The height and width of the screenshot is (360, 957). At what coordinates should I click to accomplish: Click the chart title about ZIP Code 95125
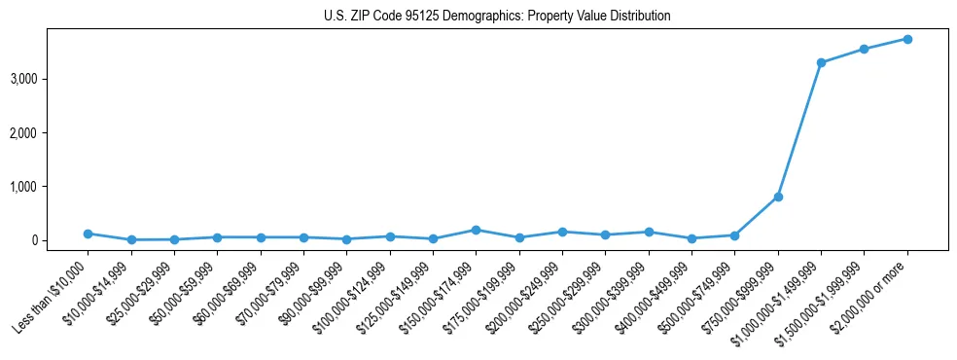tap(497, 17)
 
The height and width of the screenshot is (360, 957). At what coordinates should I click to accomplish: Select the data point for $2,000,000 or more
tap(907, 39)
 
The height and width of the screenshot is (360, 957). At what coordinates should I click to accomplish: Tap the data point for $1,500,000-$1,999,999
tap(864, 49)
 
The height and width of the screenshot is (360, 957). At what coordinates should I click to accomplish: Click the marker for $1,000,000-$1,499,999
tap(821, 62)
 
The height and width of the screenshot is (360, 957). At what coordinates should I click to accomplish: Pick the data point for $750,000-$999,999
tap(778, 198)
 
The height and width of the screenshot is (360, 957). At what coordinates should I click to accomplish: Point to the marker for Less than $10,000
tap(88, 234)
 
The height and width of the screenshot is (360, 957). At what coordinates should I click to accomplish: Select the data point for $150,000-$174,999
tap(476, 230)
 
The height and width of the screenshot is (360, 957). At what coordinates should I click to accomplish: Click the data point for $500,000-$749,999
tap(734, 235)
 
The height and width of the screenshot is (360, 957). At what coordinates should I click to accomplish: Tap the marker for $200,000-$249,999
tap(562, 232)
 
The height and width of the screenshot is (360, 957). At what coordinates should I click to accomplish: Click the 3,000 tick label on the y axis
tap(51, 79)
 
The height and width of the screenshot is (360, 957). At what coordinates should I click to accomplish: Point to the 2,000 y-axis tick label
tap(51, 132)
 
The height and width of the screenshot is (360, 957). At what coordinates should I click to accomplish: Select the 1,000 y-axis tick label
tap(51, 187)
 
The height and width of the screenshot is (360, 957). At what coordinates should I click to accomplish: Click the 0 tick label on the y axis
tap(60, 240)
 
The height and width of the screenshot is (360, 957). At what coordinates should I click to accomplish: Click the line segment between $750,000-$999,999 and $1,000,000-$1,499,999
tap(799, 130)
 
